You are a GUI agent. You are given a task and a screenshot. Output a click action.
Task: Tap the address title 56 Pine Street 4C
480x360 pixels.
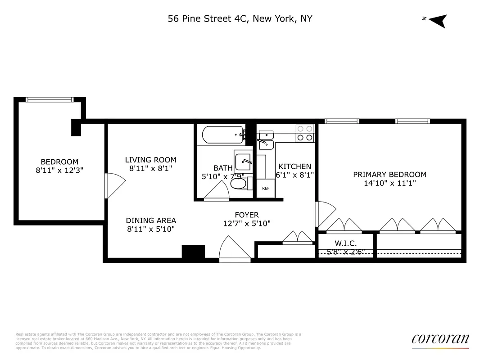point(240,18)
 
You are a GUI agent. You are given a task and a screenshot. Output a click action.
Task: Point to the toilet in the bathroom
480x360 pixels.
point(239,184)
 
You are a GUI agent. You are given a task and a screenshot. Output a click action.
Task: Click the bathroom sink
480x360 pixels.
point(244,160)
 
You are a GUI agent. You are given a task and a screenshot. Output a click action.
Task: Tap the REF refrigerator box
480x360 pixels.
point(266,188)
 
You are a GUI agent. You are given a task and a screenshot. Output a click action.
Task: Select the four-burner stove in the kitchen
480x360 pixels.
point(305,133)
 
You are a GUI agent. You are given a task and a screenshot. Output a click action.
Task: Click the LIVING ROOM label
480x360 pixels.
point(150,160)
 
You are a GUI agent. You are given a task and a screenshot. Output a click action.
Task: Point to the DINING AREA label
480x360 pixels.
point(150,220)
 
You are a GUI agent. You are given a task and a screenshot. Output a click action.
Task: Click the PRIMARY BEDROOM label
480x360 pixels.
point(389,175)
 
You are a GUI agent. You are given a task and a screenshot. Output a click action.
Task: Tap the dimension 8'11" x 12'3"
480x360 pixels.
point(59,171)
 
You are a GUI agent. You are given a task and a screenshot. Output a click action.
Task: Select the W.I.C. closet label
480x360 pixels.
point(346,243)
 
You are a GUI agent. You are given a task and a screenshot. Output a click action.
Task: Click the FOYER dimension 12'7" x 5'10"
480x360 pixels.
point(247,223)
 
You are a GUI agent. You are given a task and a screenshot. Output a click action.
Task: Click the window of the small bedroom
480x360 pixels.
point(49,99)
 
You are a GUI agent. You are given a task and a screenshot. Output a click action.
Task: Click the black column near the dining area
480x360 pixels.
point(193,251)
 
